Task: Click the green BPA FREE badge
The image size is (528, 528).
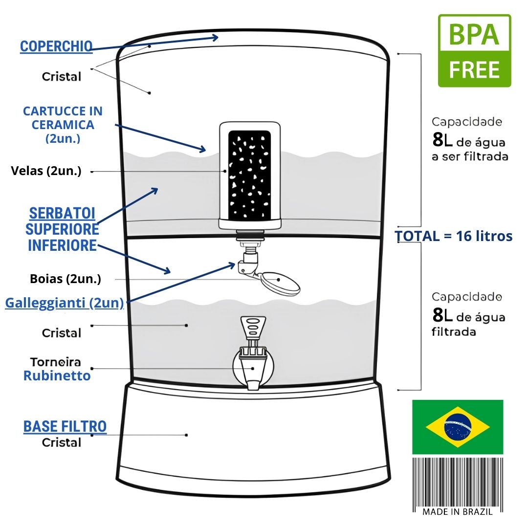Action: [x=474, y=51]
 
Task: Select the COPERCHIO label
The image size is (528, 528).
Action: [x=56, y=46]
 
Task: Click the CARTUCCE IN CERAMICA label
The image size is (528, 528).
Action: [x=63, y=125]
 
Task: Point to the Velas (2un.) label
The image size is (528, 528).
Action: [x=46, y=171]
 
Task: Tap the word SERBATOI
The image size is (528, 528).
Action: [x=62, y=214]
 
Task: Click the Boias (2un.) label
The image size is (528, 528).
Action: [x=66, y=279]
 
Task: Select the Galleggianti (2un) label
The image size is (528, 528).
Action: [x=64, y=303]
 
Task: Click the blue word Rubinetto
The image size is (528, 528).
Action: [x=57, y=376]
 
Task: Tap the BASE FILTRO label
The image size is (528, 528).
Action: [x=65, y=426]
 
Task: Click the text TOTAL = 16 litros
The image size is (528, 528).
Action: [x=454, y=236]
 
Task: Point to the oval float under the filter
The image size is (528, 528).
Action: [x=280, y=282]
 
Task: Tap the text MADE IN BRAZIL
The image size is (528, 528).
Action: [x=457, y=512]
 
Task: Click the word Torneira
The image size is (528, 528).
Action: [x=56, y=362]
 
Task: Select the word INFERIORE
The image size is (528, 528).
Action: [x=62, y=245]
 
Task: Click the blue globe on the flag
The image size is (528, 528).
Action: [x=458, y=427]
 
